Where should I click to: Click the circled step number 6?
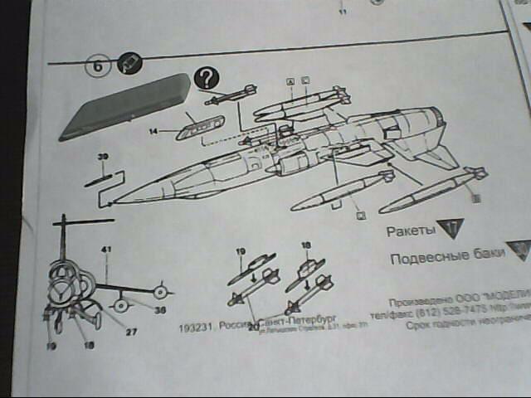tap(98, 66)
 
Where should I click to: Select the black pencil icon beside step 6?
tap(129, 64)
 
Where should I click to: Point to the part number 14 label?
tap(153, 131)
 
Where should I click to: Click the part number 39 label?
tap(103, 156)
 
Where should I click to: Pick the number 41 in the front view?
tap(106, 250)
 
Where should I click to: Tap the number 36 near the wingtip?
tap(161, 309)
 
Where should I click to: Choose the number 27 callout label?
tap(131, 332)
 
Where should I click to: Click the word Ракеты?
tap(410, 229)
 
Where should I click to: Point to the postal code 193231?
tap(194, 327)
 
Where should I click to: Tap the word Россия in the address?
tap(233, 326)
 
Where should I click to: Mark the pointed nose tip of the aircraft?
tap(112, 201)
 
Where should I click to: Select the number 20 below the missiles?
tap(254, 328)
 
